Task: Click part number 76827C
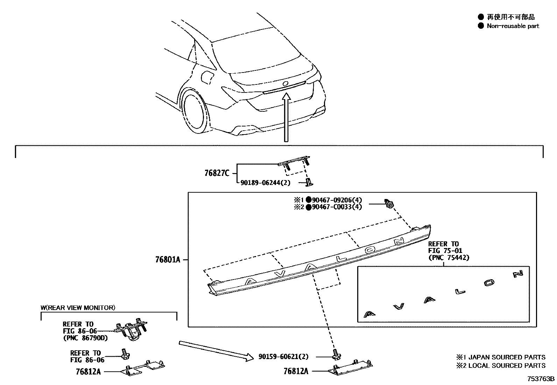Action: [x=217, y=173]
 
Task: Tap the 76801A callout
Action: [x=168, y=260]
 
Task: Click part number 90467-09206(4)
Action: [x=337, y=200]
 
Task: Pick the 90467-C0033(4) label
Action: [x=337, y=207]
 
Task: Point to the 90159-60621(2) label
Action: [x=284, y=357]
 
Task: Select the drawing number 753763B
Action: [x=541, y=379]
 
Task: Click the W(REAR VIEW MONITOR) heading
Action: [x=78, y=308]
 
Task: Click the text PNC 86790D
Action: [x=85, y=338]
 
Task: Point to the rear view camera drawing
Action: [x=132, y=331]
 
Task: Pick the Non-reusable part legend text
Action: [x=513, y=26]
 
